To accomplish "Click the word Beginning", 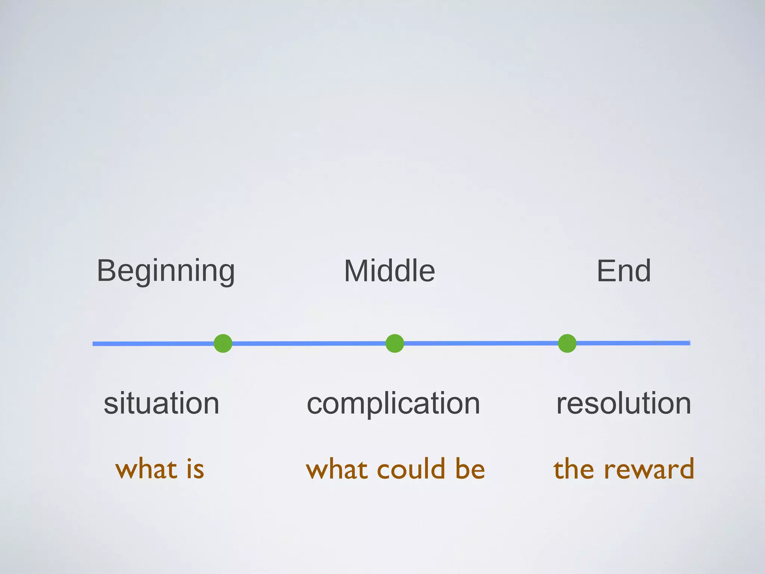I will click(x=166, y=271).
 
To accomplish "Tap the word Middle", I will click(x=389, y=271).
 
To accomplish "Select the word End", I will click(x=624, y=271).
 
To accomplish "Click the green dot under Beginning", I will click(x=223, y=343).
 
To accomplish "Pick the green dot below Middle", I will click(x=394, y=343).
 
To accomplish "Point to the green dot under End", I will click(x=567, y=343).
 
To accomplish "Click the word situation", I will click(x=161, y=404).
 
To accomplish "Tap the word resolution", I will click(x=623, y=404).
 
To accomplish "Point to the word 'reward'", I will click(x=649, y=469).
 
